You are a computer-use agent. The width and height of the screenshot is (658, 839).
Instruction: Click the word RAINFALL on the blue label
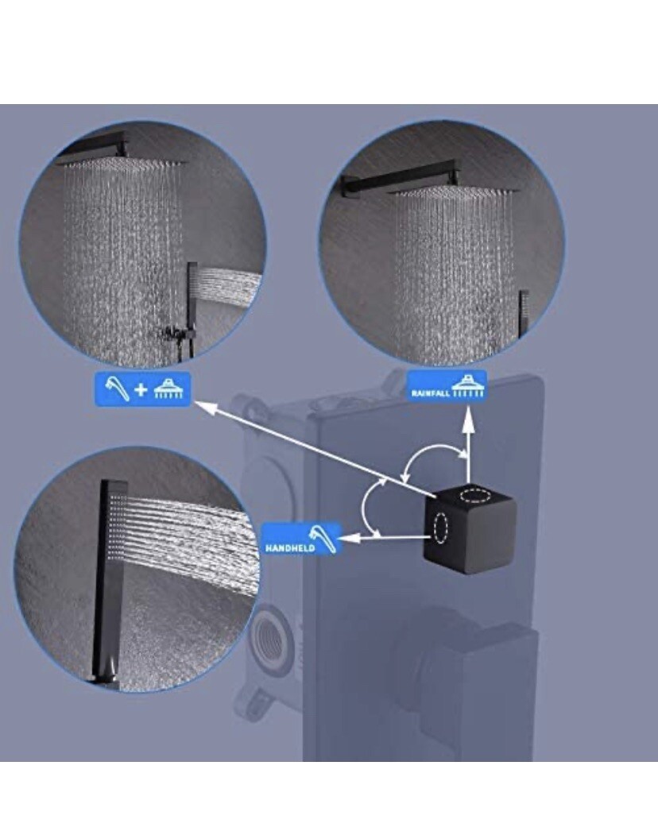click(431, 393)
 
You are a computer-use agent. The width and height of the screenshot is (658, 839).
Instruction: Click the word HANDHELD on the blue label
click(289, 548)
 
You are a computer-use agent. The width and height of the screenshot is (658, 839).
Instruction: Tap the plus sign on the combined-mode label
click(141, 389)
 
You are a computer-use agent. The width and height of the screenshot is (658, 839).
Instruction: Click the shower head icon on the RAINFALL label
click(467, 387)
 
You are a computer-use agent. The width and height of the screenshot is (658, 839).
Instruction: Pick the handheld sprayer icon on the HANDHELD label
click(324, 538)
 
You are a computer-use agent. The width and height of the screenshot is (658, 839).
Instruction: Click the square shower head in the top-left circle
click(124, 160)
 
